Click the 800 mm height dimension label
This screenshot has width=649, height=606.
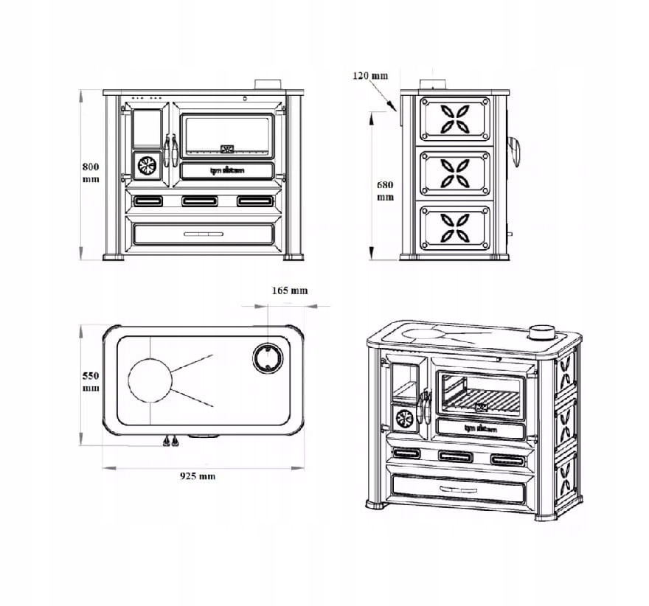90,173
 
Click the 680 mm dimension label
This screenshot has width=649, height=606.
385,190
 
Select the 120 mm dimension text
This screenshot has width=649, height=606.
369,76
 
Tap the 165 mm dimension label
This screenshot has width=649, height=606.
289,290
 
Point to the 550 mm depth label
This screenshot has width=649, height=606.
90,381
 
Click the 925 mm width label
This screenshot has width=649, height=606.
198,476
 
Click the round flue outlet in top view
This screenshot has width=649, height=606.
267,358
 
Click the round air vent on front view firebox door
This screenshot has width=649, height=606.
147,165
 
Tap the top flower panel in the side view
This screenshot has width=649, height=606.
454,119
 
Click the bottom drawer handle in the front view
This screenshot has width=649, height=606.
206,234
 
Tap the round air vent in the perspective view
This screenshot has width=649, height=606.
403,419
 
